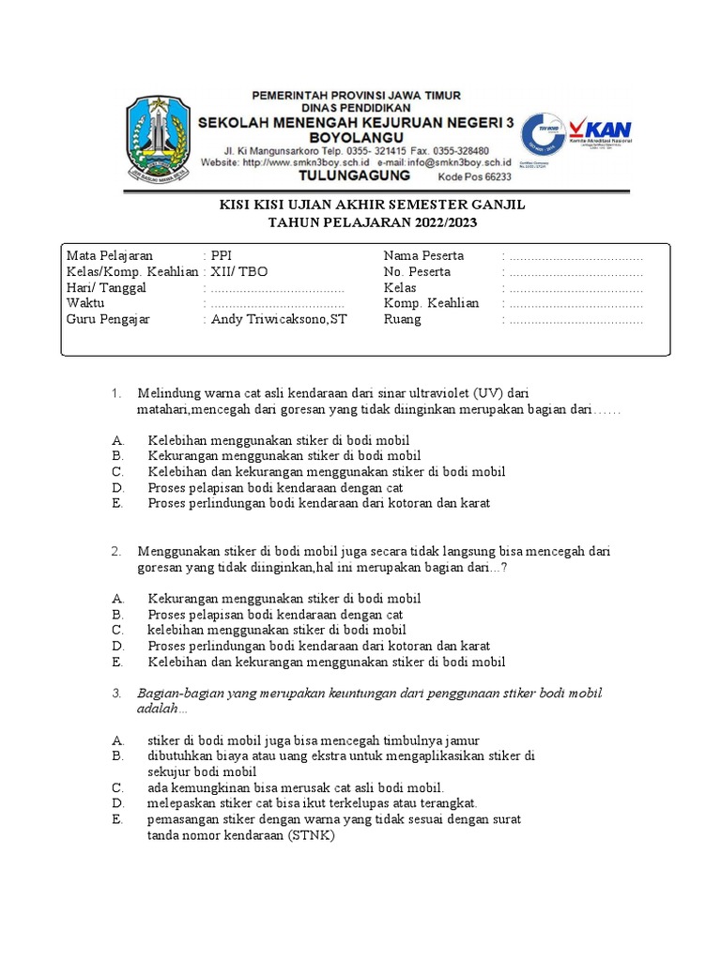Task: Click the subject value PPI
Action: click(222, 255)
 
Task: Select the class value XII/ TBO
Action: click(239, 271)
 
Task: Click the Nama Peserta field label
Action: click(423, 255)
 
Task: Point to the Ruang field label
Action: click(403, 319)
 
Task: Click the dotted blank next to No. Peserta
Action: click(575, 272)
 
